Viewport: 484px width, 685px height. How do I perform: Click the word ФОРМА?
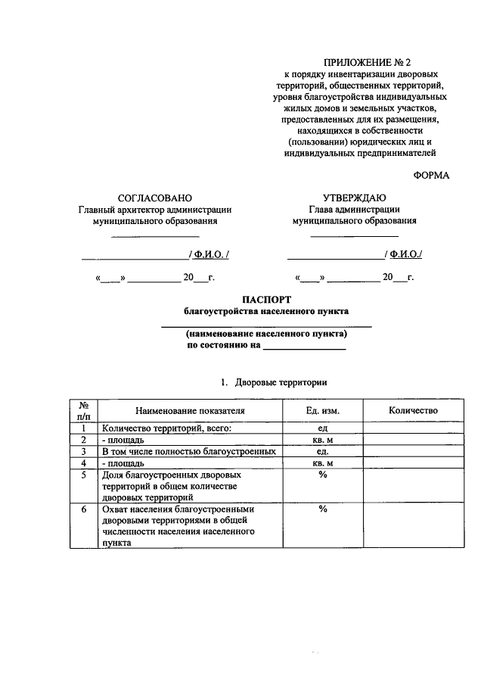click(x=431, y=175)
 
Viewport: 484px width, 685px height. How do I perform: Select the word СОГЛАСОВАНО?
click(x=155, y=197)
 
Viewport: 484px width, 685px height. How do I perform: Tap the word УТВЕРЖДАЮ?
click(x=355, y=197)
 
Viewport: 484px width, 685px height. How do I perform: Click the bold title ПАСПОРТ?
click(x=266, y=300)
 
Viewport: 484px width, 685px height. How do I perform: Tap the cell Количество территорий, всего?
click(x=167, y=428)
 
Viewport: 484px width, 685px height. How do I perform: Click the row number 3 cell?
click(x=83, y=451)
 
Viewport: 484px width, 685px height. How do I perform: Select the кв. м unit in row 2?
click(x=322, y=439)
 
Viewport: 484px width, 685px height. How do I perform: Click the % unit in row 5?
click(x=322, y=475)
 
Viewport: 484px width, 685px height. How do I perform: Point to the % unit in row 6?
click(x=322, y=509)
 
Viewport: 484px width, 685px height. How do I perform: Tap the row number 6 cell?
click(x=83, y=509)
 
